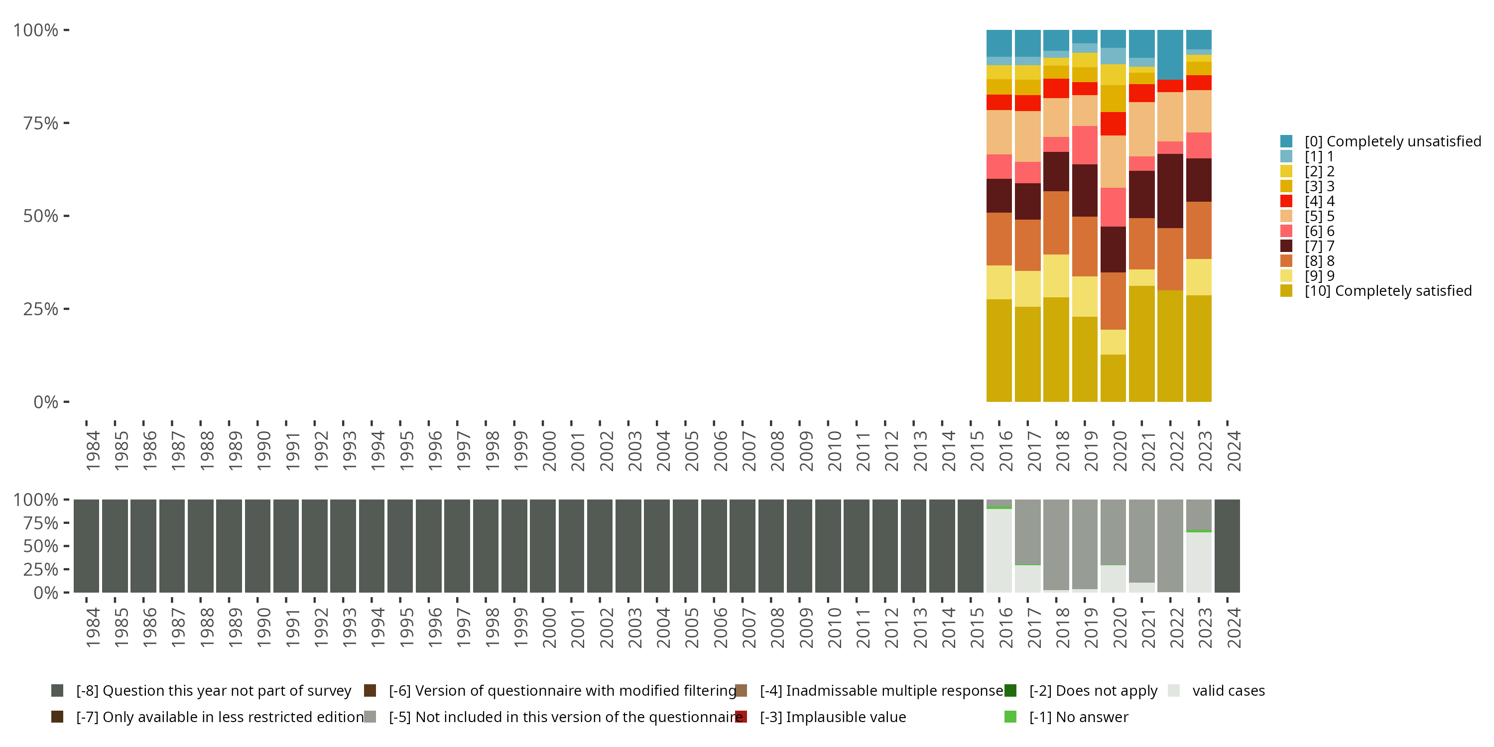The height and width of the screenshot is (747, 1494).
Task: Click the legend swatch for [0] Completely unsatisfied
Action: (1286, 141)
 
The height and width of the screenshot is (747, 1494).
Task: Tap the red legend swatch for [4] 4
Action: (1286, 201)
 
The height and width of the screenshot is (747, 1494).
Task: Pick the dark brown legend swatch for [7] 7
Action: (1286, 246)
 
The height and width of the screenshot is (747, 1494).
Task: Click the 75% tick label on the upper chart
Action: (41, 123)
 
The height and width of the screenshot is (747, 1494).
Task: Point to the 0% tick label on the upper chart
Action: (46, 402)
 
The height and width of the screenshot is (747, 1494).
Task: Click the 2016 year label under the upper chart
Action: (1005, 451)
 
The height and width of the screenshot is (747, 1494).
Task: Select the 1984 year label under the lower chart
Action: (93, 627)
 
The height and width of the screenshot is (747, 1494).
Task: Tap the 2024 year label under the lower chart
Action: (1234, 627)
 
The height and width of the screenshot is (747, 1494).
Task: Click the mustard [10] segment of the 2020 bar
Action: (1113, 377)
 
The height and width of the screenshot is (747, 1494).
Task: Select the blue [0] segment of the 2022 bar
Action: (1170, 54)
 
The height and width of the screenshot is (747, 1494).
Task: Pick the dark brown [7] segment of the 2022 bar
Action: (1170, 191)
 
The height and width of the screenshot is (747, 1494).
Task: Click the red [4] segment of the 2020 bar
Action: (1113, 124)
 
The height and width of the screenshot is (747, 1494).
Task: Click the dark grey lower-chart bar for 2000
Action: (543, 546)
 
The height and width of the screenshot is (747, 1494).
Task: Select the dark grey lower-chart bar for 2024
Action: (1227, 546)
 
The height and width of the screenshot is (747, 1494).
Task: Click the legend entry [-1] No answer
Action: (1078, 717)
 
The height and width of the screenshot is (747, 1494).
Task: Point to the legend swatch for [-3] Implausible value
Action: (741, 717)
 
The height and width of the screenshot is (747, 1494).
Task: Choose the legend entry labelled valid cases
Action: (1228, 691)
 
